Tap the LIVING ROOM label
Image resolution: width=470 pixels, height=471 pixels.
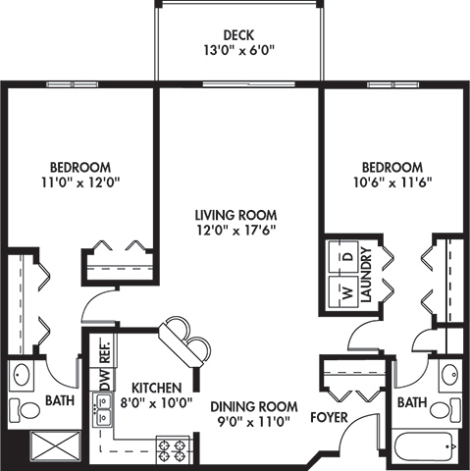coord(235,215)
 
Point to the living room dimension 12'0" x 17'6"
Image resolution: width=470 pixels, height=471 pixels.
coord(235,231)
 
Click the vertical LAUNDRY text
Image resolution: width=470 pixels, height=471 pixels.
coord(365,279)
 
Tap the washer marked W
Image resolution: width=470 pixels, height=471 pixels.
coord(345,291)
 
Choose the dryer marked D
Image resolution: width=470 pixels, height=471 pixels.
coord(345,256)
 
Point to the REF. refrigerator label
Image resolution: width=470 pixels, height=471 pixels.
coord(102,350)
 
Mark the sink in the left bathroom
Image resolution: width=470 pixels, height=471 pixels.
coord(23,376)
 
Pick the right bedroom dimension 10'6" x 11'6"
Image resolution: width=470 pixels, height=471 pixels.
coord(392,182)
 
